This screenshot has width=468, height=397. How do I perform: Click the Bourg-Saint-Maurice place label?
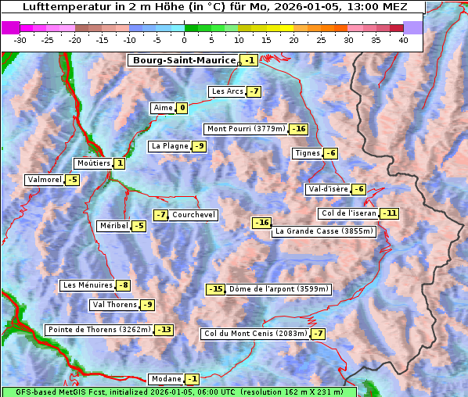point(184,60)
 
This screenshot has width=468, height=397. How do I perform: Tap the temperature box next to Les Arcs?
point(254,91)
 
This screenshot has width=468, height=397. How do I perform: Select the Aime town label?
point(163,108)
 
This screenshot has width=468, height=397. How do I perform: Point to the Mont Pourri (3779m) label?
point(245,129)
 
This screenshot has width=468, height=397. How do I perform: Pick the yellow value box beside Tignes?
point(331,153)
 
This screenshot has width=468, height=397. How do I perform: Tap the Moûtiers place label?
point(92,163)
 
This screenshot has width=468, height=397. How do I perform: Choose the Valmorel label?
point(44,180)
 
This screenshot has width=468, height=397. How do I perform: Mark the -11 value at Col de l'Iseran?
point(389,213)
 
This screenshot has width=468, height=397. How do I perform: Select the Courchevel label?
point(193,215)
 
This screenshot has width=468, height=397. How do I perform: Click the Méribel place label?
point(113,226)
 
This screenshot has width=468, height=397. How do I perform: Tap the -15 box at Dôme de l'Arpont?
point(215,289)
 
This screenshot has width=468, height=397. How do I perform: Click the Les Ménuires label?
point(87,285)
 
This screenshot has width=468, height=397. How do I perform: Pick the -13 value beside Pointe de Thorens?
point(164,330)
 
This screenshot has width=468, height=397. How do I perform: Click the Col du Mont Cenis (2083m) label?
point(254,334)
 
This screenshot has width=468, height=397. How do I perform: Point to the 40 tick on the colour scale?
point(403,39)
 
